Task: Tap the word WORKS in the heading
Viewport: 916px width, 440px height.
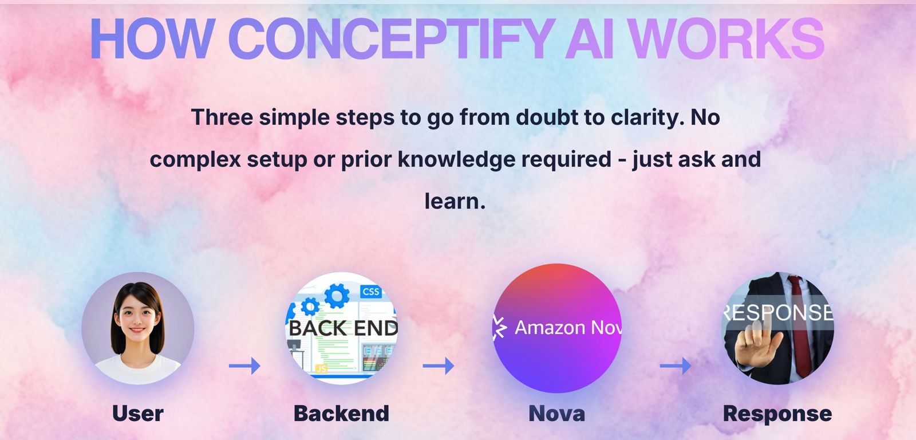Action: coord(725,39)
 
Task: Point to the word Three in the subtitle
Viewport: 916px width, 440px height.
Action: coord(222,117)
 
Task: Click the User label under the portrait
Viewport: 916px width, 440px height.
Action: coord(138,413)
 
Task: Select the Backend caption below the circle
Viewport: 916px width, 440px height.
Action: coord(341,413)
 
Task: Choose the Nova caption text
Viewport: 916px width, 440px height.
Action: coord(557,413)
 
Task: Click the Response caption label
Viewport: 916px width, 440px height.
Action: coord(777,413)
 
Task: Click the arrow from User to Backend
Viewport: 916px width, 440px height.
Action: coord(244,366)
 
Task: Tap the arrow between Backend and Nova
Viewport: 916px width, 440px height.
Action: coord(439,366)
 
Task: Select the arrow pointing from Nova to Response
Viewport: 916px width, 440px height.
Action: coord(676,366)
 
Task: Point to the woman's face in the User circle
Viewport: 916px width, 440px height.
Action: coord(137,318)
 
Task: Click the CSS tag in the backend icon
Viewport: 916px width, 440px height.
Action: coord(371,292)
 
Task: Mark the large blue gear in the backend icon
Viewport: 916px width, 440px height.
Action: coord(337,296)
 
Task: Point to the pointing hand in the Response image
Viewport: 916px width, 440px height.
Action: coord(757,344)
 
